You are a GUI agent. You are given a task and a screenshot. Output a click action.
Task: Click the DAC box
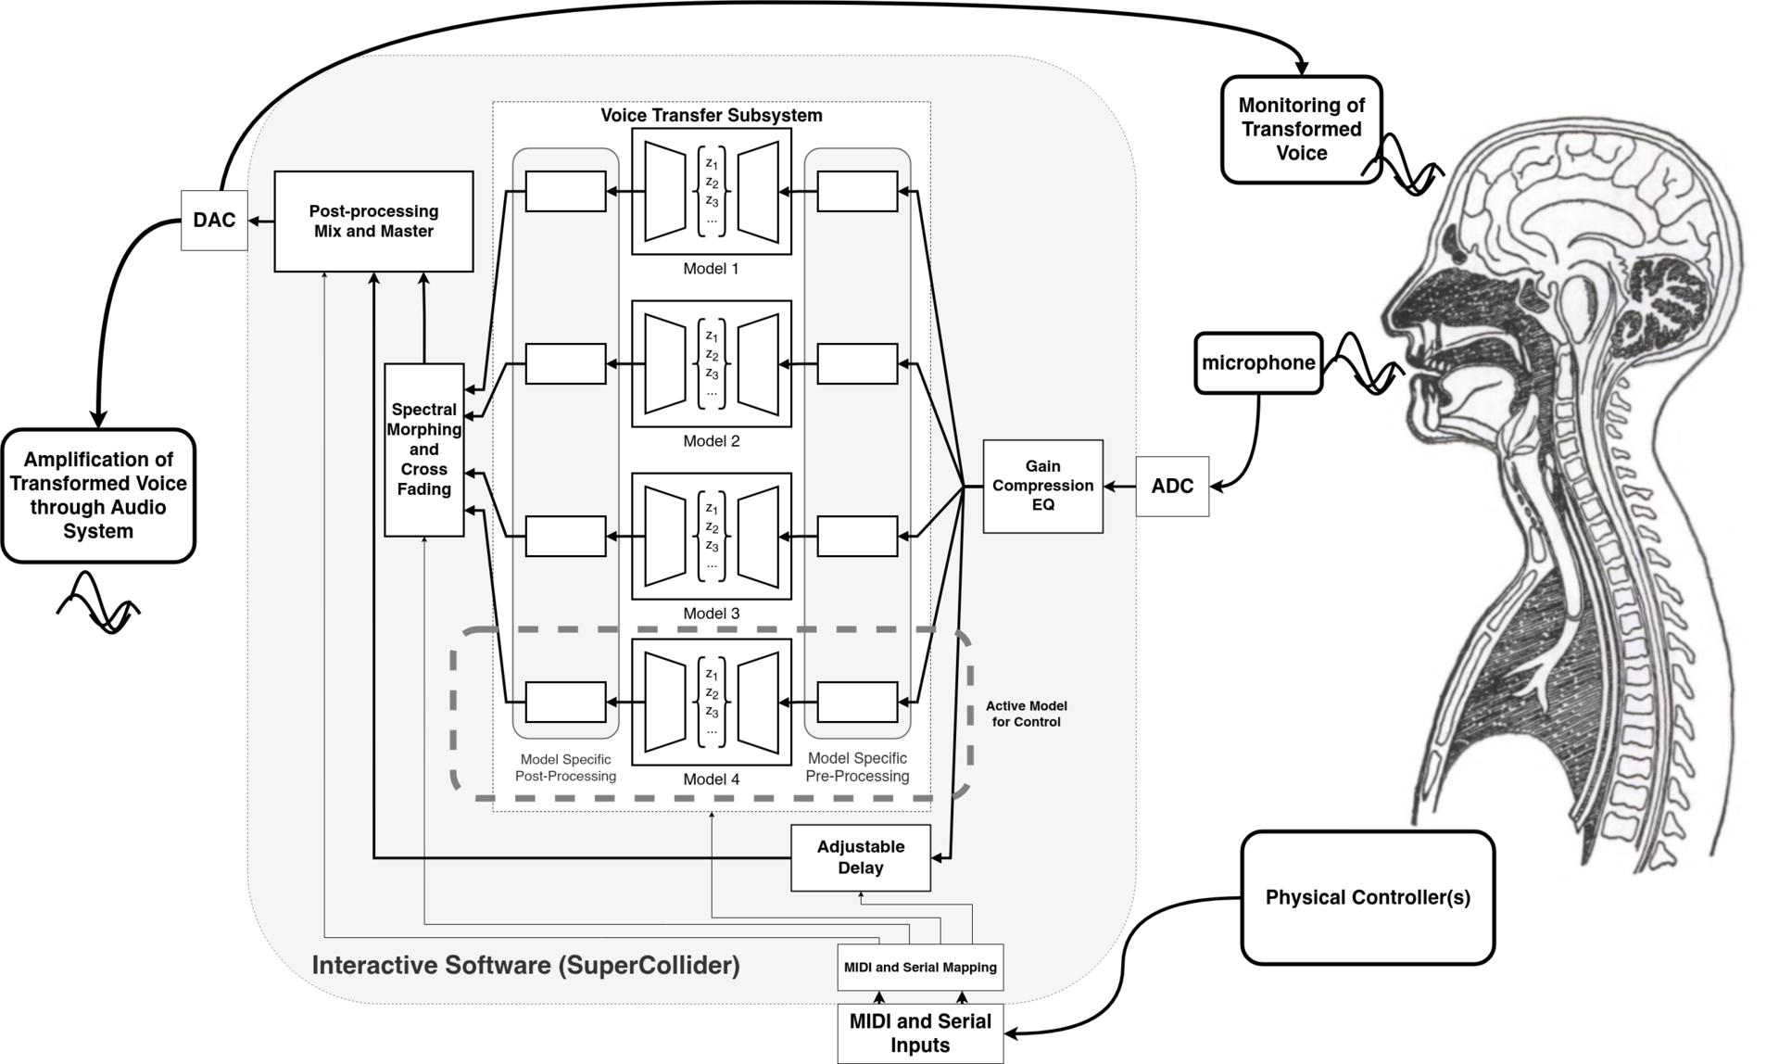(214, 221)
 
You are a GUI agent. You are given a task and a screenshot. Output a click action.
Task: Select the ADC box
(1172, 487)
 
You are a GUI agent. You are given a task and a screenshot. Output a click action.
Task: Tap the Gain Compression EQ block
(1042, 487)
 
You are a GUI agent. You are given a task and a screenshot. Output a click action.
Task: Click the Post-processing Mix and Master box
(373, 222)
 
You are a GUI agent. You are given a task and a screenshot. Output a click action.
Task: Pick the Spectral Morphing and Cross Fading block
(424, 450)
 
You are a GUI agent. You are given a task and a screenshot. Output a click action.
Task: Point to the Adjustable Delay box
(860, 857)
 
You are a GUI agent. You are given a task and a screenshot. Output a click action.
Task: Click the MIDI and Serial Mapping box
(920, 968)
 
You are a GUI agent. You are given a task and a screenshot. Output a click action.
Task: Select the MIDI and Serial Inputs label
(920, 1033)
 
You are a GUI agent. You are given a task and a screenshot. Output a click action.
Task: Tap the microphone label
(1258, 363)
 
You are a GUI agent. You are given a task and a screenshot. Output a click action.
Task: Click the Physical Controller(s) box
(1368, 897)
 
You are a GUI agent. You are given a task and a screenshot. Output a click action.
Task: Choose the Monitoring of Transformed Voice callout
(1301, 130)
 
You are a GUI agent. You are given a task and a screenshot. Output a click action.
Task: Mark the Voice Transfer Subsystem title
(712, 116)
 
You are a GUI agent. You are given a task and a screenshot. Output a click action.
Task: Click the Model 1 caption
(712, 269)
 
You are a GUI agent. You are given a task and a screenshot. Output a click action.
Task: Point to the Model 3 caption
(712, 614)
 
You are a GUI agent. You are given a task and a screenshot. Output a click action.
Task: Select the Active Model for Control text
(1026, 714)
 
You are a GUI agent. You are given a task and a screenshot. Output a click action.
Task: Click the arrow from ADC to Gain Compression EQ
(1120, 487)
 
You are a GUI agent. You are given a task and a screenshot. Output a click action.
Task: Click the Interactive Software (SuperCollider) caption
(526, 966)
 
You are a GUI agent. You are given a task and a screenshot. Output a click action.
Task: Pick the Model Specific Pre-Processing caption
(857, 767)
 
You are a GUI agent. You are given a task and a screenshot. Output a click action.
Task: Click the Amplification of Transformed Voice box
(98, 496)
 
